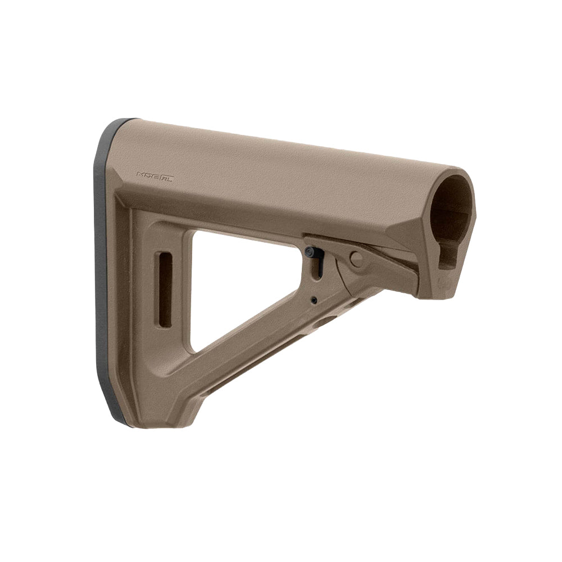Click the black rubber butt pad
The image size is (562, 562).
[x=102, y=270]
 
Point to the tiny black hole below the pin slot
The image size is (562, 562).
[x=314, y=301]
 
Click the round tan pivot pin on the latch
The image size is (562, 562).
[x=356, y=259]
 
